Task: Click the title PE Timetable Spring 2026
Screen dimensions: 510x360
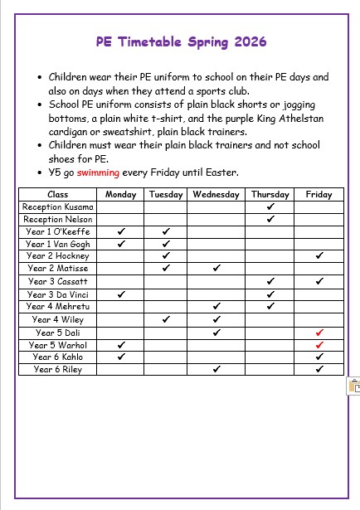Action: tap(180, 41)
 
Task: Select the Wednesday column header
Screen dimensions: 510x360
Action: tap(216, 194)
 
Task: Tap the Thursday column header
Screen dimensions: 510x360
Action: tap(270, 194)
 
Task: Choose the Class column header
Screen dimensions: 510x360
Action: tap(58, 194)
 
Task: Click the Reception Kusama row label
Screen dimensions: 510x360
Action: tap(58, 206)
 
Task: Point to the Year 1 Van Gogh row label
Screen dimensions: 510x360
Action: tap(58, 244)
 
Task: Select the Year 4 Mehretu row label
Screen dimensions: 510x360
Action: tap(58, 307)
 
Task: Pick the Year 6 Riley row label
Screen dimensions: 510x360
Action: tap(58, 369)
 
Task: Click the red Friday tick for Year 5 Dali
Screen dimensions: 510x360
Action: tap(319, 333)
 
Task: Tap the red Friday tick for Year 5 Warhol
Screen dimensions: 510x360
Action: tap(319, 345)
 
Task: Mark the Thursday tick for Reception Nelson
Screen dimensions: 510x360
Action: tap(270, 219)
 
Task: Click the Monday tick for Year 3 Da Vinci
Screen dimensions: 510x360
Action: tap(121, 294)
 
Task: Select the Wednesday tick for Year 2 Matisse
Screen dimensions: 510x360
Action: tap(216, 270)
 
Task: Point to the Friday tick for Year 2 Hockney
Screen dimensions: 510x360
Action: tap(319, 257)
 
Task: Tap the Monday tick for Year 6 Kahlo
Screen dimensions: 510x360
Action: tap(121, 357)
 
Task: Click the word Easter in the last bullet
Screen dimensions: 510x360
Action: tap(221, 172)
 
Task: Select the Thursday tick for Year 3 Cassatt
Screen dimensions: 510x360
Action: tap(270, 282)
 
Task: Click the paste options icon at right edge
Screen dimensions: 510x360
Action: tap(354, 386)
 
